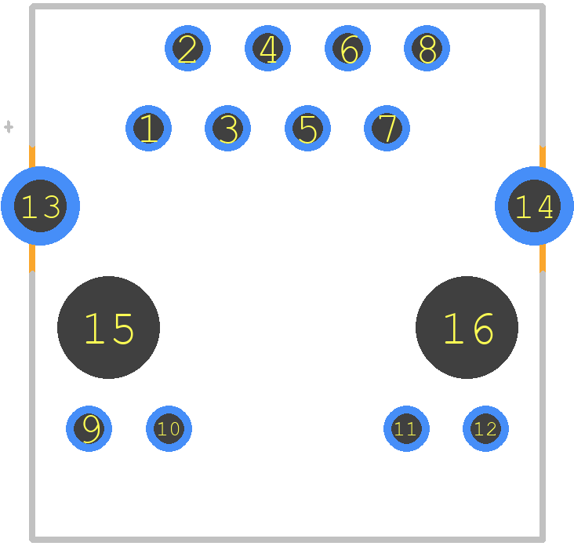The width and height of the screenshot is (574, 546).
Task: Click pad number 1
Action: [148, 128]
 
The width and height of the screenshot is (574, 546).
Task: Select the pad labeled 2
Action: [187, 49]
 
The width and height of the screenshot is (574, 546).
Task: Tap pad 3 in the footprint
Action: [227, 128]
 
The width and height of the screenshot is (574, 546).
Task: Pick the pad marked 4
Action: [267, 49]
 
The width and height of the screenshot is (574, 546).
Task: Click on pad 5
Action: [307, 128]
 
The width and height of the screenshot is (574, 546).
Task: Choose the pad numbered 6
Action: [347, 49]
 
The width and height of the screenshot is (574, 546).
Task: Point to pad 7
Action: [387, 128]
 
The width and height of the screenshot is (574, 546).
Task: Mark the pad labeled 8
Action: [427, 49]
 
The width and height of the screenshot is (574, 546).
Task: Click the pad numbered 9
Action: [89, 428]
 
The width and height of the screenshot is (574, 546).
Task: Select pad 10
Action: [169, 428]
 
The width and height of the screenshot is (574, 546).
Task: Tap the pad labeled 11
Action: [406, 428]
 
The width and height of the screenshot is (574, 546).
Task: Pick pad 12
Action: [485, 428]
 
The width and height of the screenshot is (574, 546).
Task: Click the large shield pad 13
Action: [40, 206]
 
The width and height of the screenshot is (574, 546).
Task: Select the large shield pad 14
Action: [535, 206]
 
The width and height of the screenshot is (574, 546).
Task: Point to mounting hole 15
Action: [108, 327]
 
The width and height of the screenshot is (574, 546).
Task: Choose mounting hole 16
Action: [467, 327]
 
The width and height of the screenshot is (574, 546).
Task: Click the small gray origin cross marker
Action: [9, 127]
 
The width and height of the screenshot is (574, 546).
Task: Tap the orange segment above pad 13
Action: [32, 157]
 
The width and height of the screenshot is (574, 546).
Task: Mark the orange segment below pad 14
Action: [543, 258]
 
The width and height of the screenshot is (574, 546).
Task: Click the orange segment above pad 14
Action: [543, 157]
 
